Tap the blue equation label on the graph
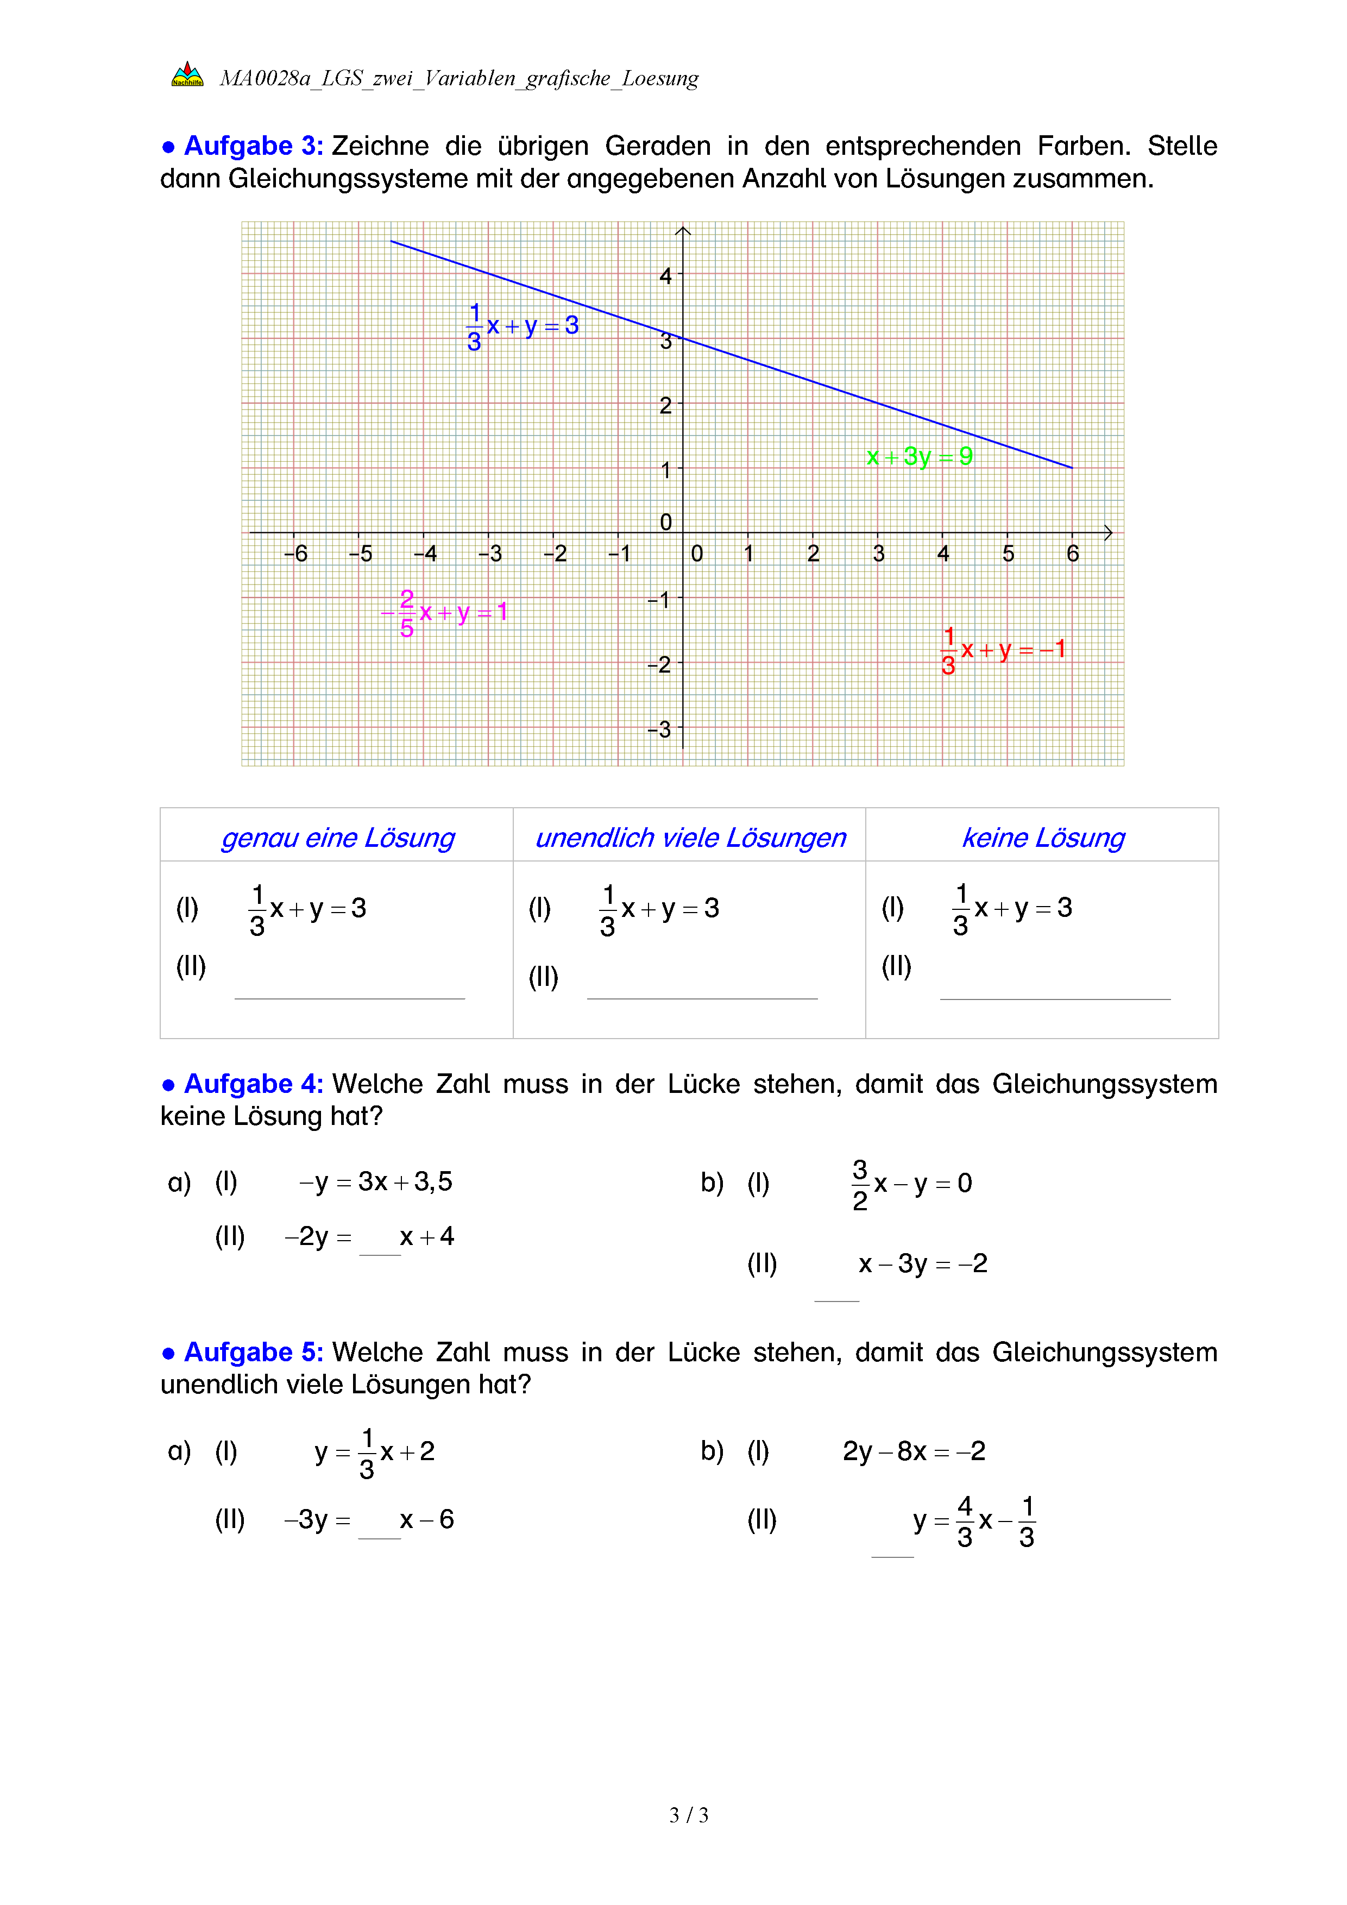(x=523, y=326)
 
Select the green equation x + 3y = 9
(x=919, y=456)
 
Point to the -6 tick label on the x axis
(x=295, y=554)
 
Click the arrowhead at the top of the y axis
(x=683, y=231)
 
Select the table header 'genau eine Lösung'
(x=338, y=838)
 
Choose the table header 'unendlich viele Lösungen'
(x=690, y=838)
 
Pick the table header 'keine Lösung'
(x=1043, y=838)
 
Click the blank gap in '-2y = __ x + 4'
(x=380, y=1244)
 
